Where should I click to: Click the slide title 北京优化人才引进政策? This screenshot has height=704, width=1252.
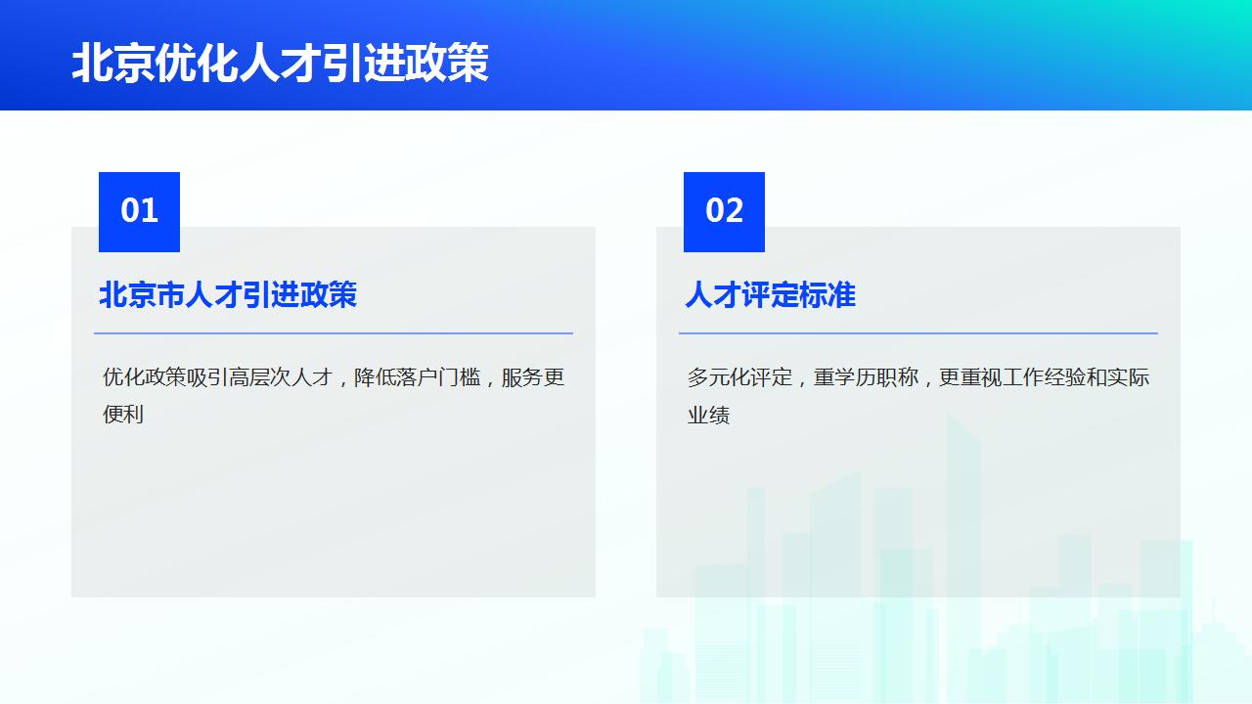coord(280,64)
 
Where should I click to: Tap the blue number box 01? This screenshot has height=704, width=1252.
coord(139,211)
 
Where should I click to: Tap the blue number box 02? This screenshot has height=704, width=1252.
coord(724,211)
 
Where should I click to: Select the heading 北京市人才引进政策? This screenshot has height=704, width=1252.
coord(228,294)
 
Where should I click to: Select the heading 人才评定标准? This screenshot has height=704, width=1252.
coord(770,294)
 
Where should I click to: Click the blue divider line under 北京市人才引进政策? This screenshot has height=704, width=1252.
coord(333,333)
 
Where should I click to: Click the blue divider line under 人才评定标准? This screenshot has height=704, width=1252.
coord(917,333)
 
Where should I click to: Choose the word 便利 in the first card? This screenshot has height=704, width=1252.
coord(123,415)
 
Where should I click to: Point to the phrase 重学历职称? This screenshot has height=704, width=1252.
coord(866,377)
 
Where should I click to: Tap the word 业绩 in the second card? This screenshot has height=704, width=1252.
coord(708,415)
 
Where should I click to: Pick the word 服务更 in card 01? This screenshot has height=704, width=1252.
coord(533,377)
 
